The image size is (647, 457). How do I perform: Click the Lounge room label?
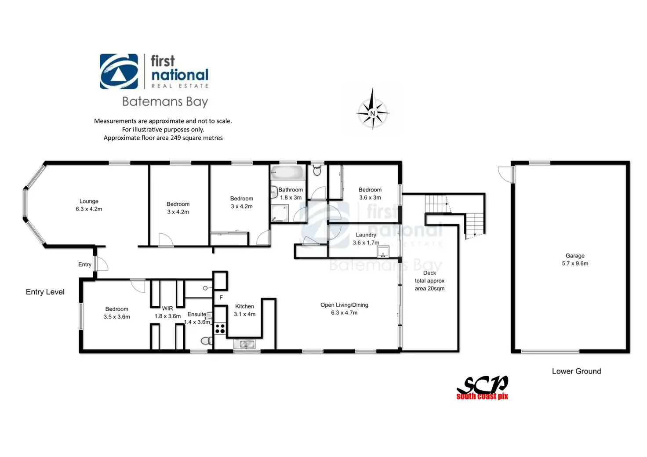pos(89,201)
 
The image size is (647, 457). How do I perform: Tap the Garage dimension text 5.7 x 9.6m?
pos(575,264)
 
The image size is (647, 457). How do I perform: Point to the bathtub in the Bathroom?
pos(287,173)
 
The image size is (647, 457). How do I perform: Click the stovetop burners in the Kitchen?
pos(220,328)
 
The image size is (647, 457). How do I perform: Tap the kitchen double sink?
pos(244,345)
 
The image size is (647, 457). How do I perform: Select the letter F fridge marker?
pos(221,297)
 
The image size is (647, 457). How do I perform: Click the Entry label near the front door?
pos(85,265)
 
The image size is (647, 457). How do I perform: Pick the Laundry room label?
pos(366,235)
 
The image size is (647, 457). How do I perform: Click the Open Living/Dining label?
pos(344,305)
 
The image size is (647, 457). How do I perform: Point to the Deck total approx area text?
pos(429,281)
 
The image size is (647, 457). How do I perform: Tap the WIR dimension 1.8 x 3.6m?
pos(167,316)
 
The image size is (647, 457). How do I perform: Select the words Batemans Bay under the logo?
pos(165,102)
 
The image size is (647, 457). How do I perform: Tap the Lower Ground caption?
pos(576,371)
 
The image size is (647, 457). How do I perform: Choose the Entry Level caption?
pos(45,292)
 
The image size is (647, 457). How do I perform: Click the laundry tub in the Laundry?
pos(383,252)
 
